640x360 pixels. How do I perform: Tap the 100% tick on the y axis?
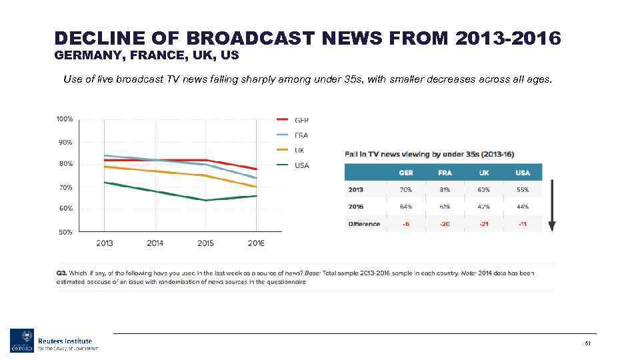[65, 119]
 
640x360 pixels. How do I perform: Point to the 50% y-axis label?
[65, 232]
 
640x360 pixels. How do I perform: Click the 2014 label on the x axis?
[155, 243]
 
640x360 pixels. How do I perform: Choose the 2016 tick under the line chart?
[256, 243]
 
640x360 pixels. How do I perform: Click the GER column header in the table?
[405, 173]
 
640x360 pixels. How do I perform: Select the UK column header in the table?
[484, 173]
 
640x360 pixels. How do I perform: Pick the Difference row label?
[364, 224]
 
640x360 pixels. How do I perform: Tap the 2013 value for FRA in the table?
[445, 189]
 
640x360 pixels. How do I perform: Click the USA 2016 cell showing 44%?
[522, 207]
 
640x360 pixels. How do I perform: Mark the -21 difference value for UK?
[484, 224]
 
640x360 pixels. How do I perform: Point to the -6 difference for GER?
[405, 224]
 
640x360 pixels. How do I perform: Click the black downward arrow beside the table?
[551, 200]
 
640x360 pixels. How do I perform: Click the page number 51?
[588, 343]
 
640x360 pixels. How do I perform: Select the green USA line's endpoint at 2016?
[257, 195]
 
